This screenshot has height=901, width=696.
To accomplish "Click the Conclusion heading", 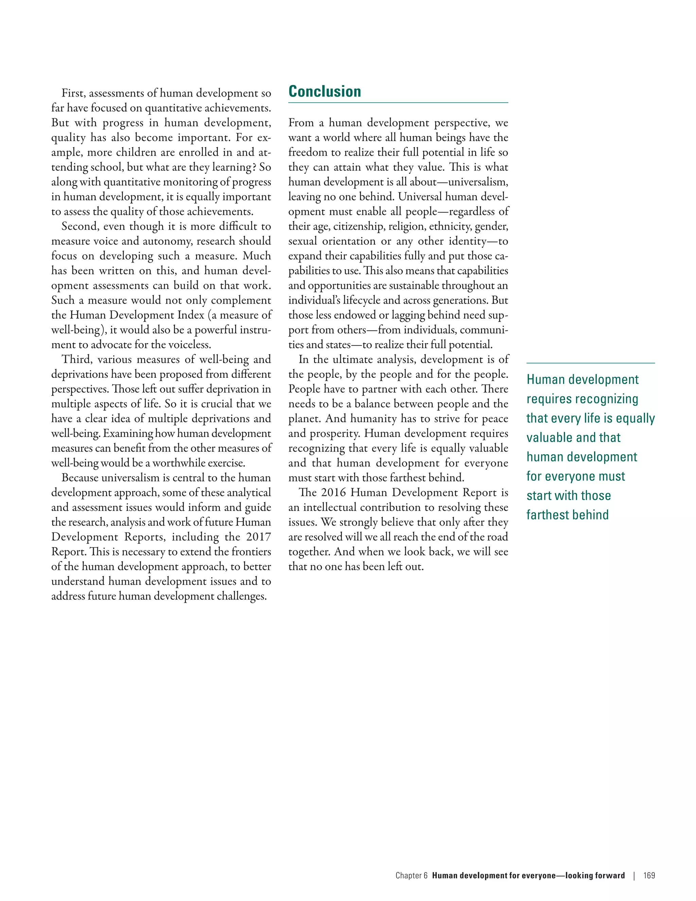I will (325, 91).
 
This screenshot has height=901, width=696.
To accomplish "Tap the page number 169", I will (649, 876).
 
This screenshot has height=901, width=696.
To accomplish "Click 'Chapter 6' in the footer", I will (411, 876).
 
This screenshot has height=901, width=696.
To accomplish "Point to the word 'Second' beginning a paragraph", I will (81, 226).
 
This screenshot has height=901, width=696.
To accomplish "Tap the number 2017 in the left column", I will (259, 537).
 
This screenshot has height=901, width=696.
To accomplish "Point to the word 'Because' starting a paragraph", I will (80, 478).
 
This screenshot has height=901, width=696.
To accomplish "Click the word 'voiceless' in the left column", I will (190, 344).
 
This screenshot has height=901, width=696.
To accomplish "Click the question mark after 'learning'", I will (255, 167).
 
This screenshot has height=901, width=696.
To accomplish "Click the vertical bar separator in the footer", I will (634, 876).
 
